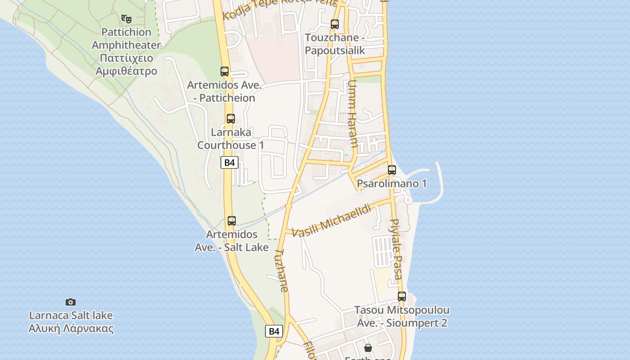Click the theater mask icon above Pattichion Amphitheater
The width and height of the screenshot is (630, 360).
tap(126, 19)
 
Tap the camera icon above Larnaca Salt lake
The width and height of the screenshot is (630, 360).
tap(71, 302)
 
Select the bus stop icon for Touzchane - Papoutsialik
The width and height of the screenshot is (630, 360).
tap(335, 24)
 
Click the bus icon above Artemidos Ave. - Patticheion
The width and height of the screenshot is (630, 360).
tap(225, 71)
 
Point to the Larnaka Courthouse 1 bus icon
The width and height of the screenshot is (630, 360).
tap(231, 119)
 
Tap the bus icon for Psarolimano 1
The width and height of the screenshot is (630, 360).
tap(392, 170)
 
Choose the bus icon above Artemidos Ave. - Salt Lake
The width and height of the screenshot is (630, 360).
tap(232, 221)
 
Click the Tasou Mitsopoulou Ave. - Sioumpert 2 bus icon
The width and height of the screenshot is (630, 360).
tap(402, 297)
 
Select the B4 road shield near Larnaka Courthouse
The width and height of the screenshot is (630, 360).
tap(229, 162)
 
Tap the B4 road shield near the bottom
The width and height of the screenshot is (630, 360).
tap(274, 332)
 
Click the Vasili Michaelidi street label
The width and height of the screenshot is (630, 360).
tap(332, 220)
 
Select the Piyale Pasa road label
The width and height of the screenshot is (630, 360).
tap(396, 249)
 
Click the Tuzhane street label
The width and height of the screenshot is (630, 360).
tap(281, 270)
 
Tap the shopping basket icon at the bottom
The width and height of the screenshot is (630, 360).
tap(368, 347)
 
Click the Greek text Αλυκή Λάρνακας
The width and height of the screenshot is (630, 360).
tap(71, 328)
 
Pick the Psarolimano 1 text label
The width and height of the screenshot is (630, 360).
tap(391, 184)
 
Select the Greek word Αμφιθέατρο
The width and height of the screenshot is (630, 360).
tap(126, 71)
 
